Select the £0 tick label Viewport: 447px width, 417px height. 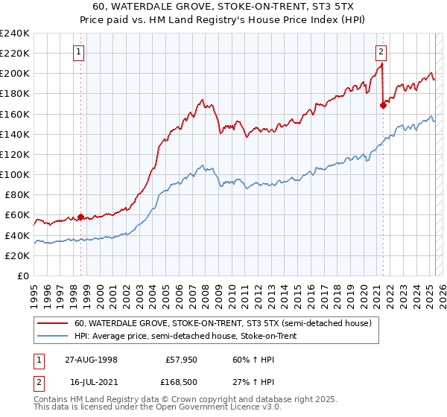[x=23, y=276]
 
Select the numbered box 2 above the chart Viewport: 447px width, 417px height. [x=381, y=52]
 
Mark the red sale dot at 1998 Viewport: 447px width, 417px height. [x=81, y=217]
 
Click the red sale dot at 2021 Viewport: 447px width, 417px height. [x=383, y=105]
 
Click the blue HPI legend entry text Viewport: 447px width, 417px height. [x=186, y=337]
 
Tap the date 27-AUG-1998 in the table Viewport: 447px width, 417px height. [x=91, y=359]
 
